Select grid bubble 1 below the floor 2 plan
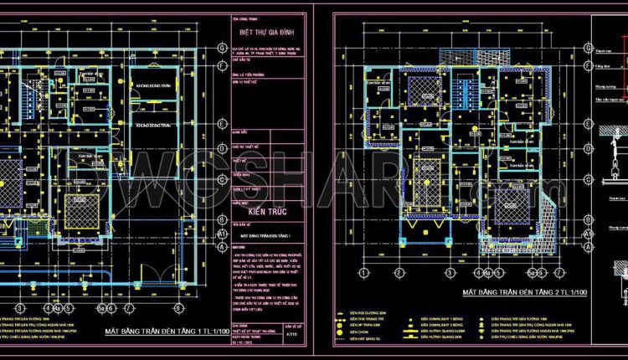(364, 273)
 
